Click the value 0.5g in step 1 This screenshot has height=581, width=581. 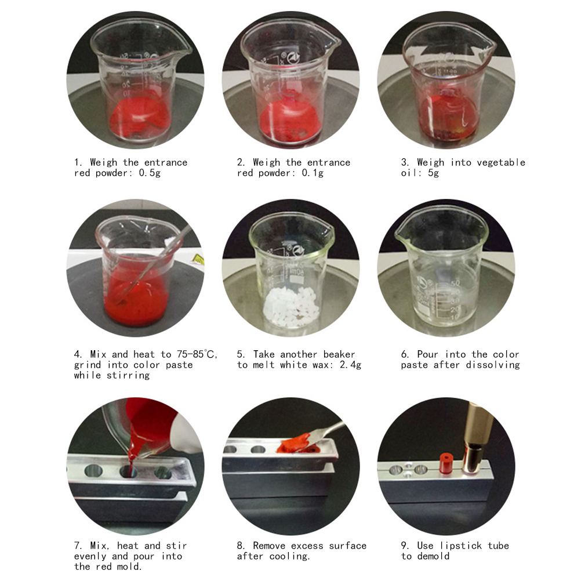[150, 173]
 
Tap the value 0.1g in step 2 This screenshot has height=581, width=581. [313, 173]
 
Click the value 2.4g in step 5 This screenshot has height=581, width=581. [351, 365]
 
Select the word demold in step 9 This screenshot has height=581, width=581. [433, 556]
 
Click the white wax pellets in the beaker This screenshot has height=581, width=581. [291, 307]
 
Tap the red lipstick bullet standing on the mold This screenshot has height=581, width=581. [446, 463]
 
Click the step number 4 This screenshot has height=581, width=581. [77, 354]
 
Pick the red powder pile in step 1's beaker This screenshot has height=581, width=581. [141, 115]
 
